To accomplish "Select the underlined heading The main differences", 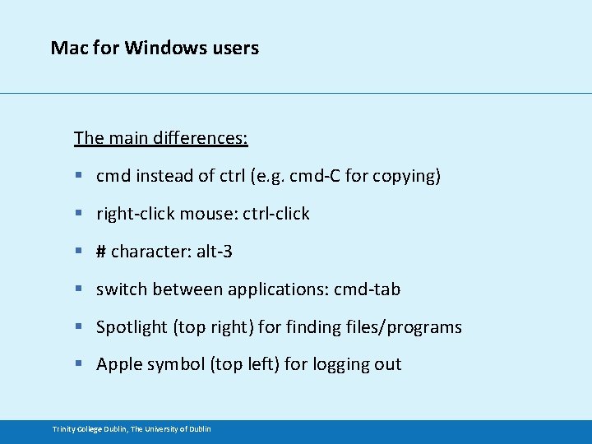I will pos(161,137).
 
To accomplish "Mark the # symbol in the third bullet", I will pos(101,252).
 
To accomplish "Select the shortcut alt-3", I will pos(214,252).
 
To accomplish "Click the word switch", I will pos(121,289).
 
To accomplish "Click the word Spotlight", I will pos(132,327).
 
